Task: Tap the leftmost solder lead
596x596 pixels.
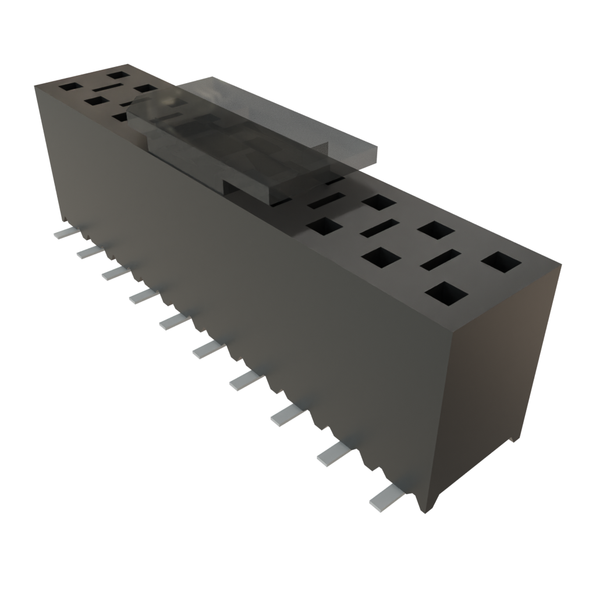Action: pyautogui.click(x=63, y=233)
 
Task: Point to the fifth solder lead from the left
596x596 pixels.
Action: pyautogui.click(x=174, y=320)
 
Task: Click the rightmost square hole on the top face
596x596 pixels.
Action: pyautogui.click(x=501, y=262)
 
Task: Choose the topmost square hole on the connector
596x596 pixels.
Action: pyautogui.click(x=118, y=74)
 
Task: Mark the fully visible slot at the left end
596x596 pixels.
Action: pyautogui.click(x=106, y=87)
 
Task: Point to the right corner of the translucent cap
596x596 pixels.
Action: pyautogui.click(x=376, y=152)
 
